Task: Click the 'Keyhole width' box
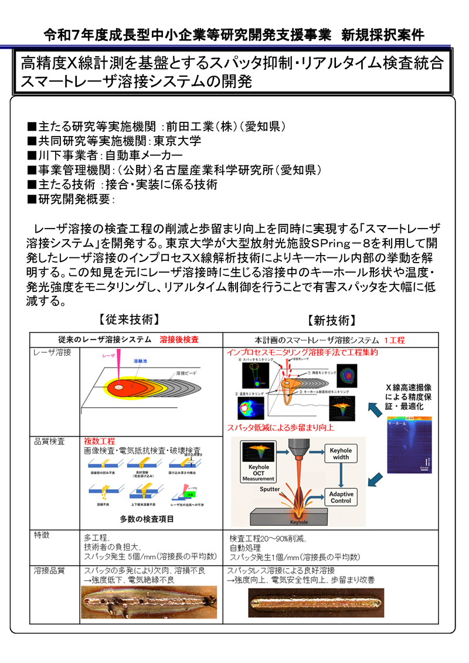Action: point(339,454)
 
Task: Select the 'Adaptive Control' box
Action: point(341,497)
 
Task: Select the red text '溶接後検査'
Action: point(179,339)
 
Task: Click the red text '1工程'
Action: point(394,340)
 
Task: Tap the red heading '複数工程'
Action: point(99,441)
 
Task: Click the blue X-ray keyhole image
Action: point(410,446)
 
